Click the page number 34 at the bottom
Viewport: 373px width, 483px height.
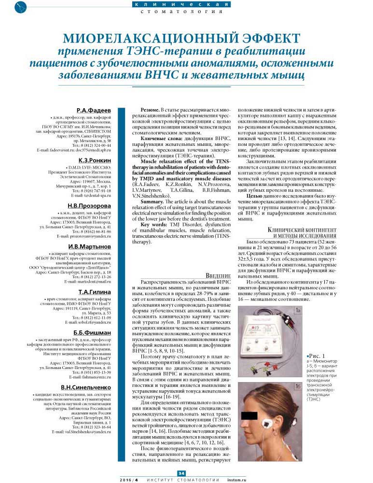181,473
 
